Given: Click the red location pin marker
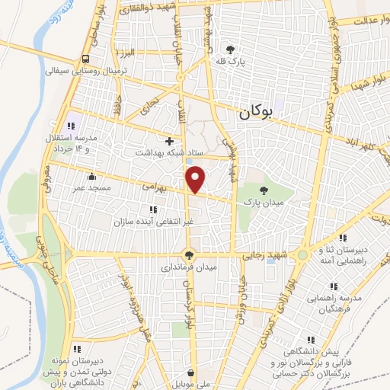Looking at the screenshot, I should pos(196,177).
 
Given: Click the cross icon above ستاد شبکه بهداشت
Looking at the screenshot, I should pos(169,141).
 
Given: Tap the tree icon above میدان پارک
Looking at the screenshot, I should pos(264,190).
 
